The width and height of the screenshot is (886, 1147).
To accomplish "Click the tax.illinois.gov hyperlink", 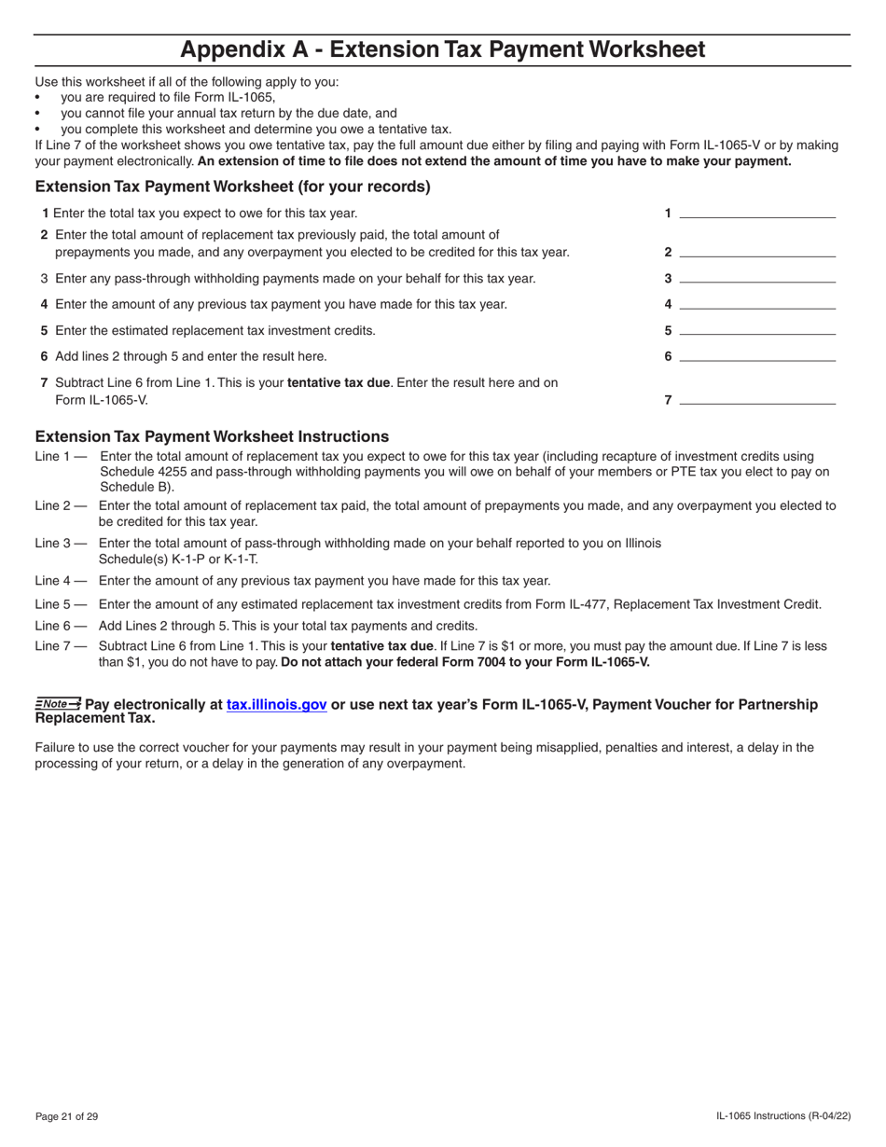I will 276,705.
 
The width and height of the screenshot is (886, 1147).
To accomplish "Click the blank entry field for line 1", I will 757,213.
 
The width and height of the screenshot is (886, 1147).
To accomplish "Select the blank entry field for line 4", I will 757,303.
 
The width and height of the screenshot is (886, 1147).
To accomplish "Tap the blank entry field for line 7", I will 757,399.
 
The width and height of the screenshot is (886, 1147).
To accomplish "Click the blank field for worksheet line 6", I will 757,355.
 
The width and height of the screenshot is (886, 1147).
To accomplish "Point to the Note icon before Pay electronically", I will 58,704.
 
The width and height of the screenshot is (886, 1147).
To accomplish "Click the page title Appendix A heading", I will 442,49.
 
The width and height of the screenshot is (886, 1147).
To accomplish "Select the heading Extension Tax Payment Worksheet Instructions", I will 212,436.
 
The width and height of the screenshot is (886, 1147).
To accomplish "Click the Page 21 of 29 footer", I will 66,1116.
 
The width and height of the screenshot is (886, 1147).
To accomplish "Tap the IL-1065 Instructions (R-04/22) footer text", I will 782,1116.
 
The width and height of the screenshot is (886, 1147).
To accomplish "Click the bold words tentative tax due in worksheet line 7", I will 339,382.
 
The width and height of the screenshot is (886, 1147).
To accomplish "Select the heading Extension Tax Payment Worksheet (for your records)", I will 232,187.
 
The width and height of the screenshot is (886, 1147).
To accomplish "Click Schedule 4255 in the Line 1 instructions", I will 142,472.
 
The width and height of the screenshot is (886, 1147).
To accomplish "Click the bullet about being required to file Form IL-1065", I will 168,97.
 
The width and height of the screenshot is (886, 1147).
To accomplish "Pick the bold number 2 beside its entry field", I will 668,252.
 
